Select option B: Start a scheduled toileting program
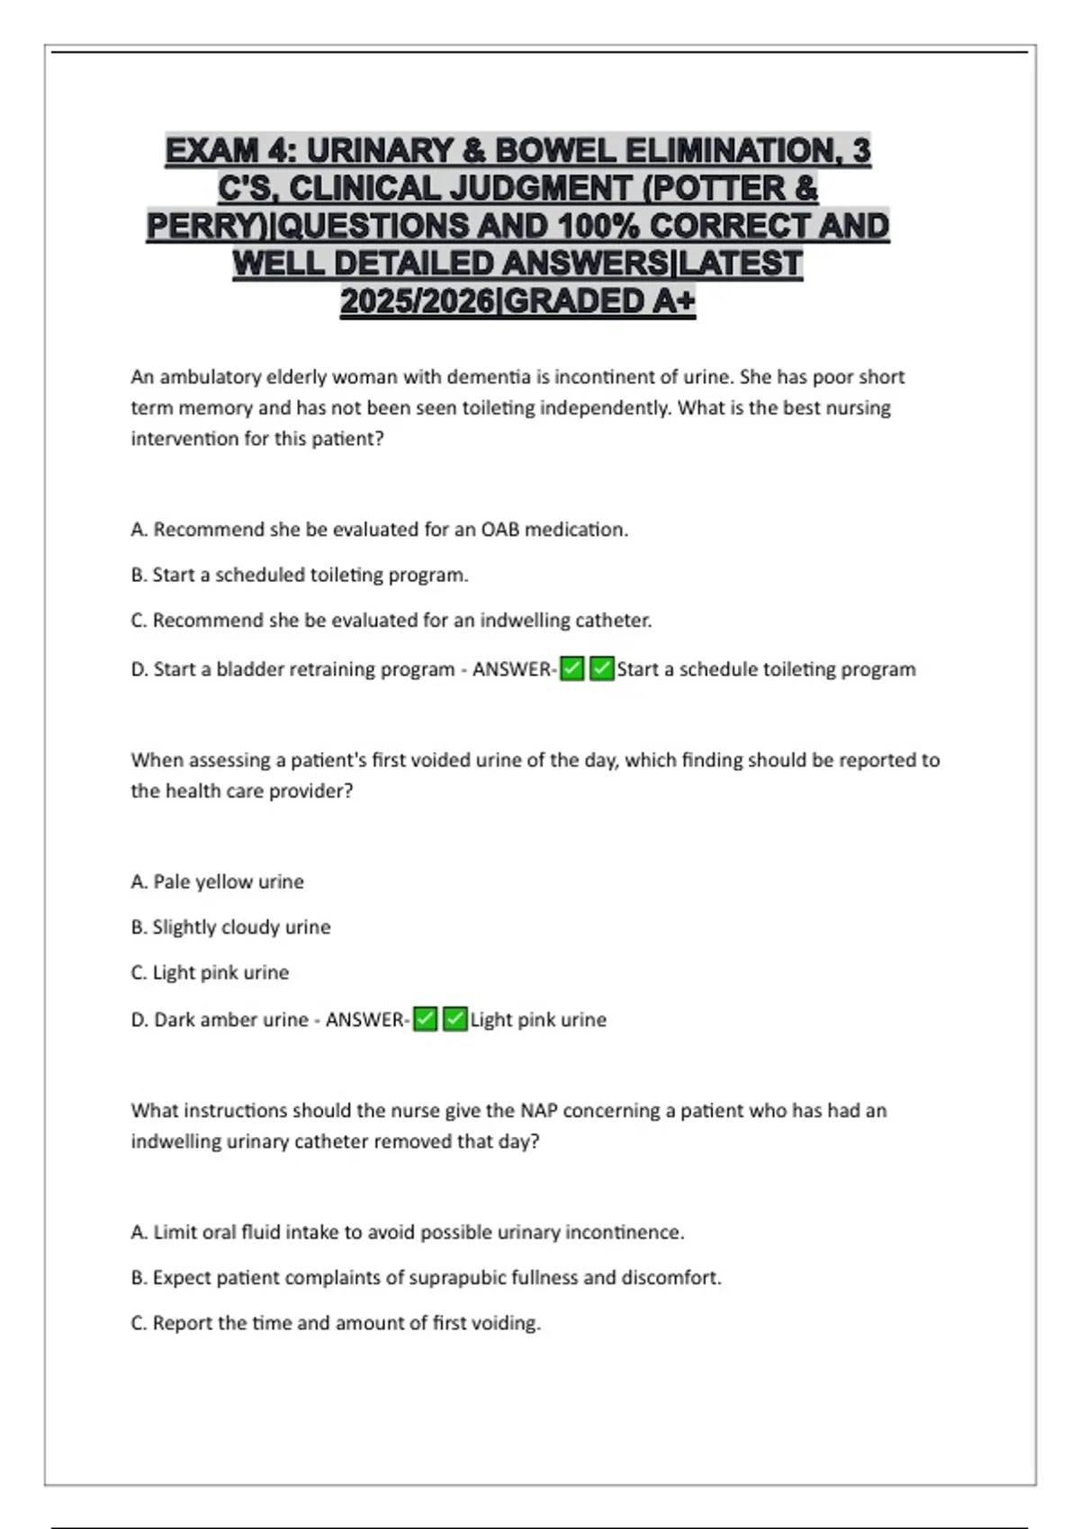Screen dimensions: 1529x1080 tap(300, 575)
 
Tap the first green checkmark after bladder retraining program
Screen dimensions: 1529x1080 tap(572, 669)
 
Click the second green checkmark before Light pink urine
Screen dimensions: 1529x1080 tap(455, 1020)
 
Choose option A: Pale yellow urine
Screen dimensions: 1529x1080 tap(217, 882)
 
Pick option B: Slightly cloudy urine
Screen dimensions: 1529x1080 tap(230, 927)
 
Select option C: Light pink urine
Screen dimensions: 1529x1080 tap(210, 973)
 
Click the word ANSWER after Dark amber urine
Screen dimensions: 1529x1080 tap(364, 1020)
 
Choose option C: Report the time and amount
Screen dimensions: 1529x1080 tap(336, 1324)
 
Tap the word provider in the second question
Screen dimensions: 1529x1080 tap(310, 791)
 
